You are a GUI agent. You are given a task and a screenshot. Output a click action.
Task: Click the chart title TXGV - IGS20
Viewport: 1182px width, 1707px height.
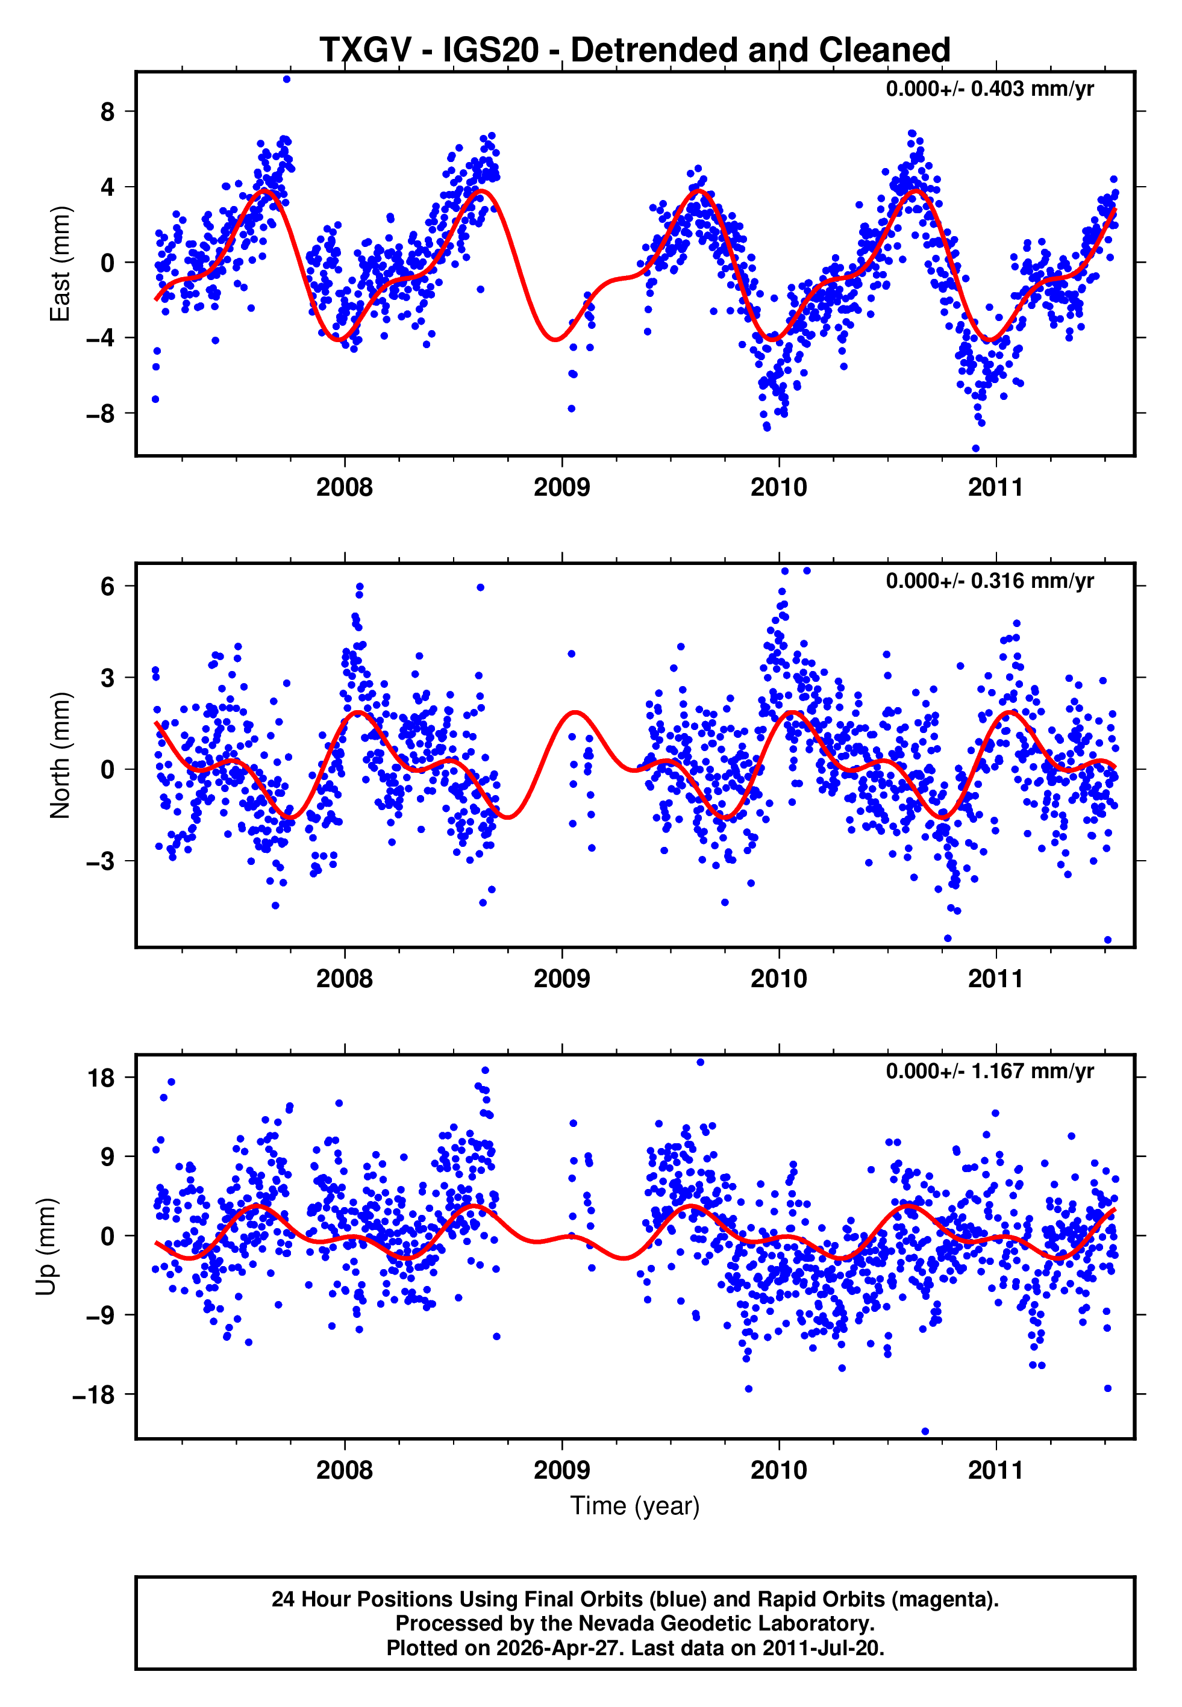click(x=635, y=51)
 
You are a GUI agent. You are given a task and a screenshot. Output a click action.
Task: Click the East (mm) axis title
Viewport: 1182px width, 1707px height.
click(x=59, y=264)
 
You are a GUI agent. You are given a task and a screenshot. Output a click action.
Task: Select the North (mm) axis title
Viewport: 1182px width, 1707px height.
click(x=59, y=755)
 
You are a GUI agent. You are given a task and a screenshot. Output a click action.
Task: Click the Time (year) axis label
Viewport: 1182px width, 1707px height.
click(x=635, y=1506)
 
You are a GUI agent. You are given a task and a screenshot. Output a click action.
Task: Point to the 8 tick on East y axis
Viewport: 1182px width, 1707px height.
click(x=108, y=112)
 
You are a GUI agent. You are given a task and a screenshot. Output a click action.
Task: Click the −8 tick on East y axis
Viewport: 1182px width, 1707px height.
click(x=101, y=413)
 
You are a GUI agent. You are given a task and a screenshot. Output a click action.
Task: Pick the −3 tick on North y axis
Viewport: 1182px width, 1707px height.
click(x=101, y=861)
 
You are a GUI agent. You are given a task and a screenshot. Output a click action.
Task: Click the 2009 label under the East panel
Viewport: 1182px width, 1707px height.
click(x=561, y=487)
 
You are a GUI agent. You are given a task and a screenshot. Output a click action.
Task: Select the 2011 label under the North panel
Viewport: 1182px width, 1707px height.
click(x=995, y=979)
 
